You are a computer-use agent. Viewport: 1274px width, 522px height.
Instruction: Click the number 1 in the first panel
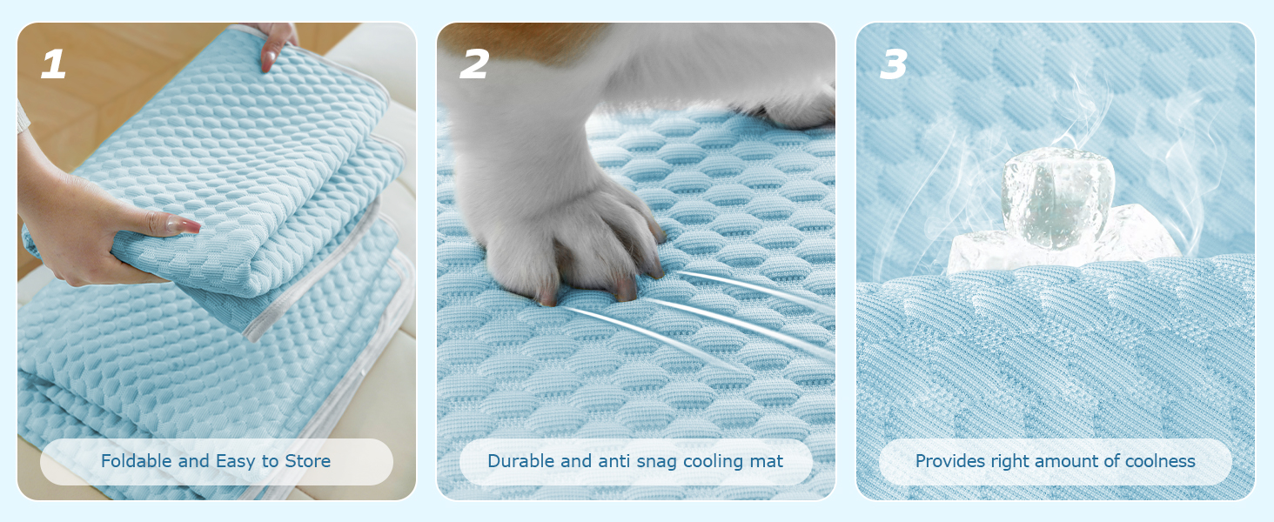click(53, 64)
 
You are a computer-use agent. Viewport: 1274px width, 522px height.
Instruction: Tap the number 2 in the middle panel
click(473, 64)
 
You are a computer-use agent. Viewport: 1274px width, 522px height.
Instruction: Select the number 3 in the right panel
click(894, 64)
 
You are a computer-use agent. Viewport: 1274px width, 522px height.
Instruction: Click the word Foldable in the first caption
click(137, 460)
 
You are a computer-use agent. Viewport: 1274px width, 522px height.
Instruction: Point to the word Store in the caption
click(307, 460)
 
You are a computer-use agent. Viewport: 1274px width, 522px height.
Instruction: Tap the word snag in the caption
click(657, 462)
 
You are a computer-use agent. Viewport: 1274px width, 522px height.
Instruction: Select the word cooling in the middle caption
click(714, 462)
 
